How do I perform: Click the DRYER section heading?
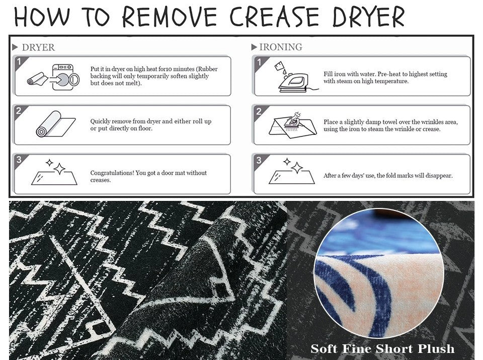[38, 47]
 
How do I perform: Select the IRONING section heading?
[281, 47]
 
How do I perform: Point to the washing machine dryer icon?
[65, 77]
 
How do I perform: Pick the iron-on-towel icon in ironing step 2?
[293, 124]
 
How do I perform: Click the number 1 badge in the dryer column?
[19, 61]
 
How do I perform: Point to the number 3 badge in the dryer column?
[19, 159]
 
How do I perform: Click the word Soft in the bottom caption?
[324, 348]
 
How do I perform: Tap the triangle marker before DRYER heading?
[15, 47]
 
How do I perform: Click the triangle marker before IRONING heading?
[254, 47]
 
